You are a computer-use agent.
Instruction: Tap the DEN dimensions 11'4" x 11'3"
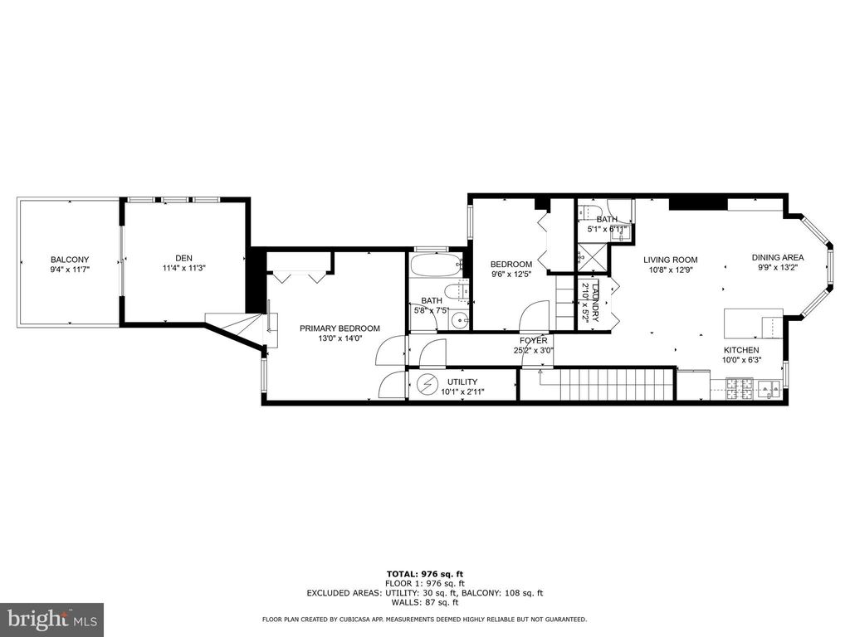(x=186, y=268)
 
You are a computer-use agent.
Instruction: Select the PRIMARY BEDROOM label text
(x=340, y=328)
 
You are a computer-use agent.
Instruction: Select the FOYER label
(x=533, y=340)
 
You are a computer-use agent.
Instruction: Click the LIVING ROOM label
(x=671, y=259)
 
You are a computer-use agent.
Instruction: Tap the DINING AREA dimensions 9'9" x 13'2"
(x=778, y=268)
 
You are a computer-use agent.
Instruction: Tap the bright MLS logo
(x=51, y=619)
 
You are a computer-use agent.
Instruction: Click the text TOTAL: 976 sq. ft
(x=424, y=574)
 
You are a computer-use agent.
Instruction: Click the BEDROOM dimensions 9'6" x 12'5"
(x=510, y=275)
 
